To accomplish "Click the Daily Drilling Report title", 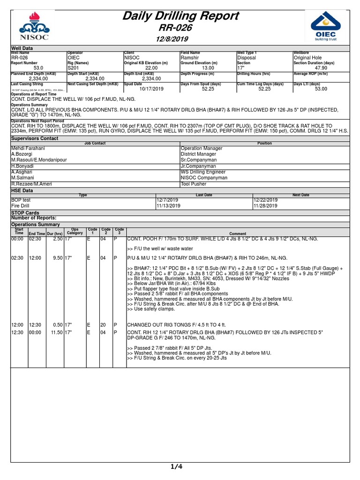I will coord(180,16).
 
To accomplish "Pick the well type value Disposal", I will coord(247,58).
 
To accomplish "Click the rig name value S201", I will coord(73,67).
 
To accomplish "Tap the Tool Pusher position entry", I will coord(194,184).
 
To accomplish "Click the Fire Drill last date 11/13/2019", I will coord(168,205).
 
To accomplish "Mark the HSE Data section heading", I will coord(22,190).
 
